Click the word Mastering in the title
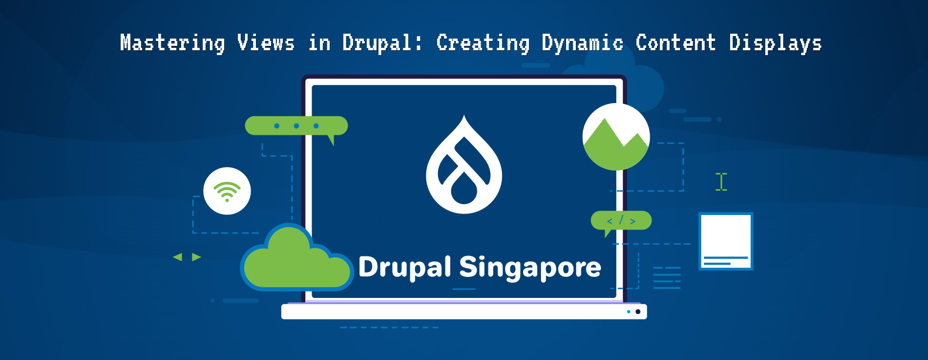point(172,43)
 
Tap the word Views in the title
point(266,43)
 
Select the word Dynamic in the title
point(582,43)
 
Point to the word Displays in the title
point(775,43)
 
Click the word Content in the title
point(675,43)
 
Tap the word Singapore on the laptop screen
point(530,268)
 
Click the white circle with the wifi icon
point(227,191)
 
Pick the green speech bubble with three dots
point(296,126)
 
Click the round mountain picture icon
point(616,137)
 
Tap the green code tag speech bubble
point(621,221)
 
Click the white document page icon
point(726,241)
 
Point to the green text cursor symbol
point(721,182)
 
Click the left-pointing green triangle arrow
point(178,257)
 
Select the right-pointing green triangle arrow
point(196,257)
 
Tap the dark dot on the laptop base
point(638,312)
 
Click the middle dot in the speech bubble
point(296,126)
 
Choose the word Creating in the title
point(483,43)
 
